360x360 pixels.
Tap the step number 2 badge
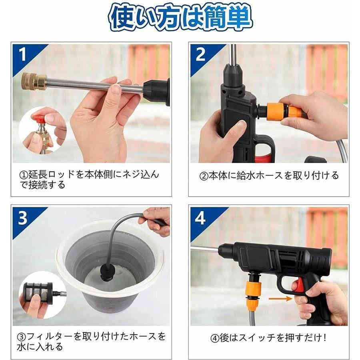(200, 54)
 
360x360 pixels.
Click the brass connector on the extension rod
(34, 81)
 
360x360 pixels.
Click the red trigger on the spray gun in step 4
(296, 286)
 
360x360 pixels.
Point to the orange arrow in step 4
(280, 298)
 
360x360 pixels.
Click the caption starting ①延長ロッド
(92, 180)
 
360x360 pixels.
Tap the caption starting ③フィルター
(92, 341)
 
